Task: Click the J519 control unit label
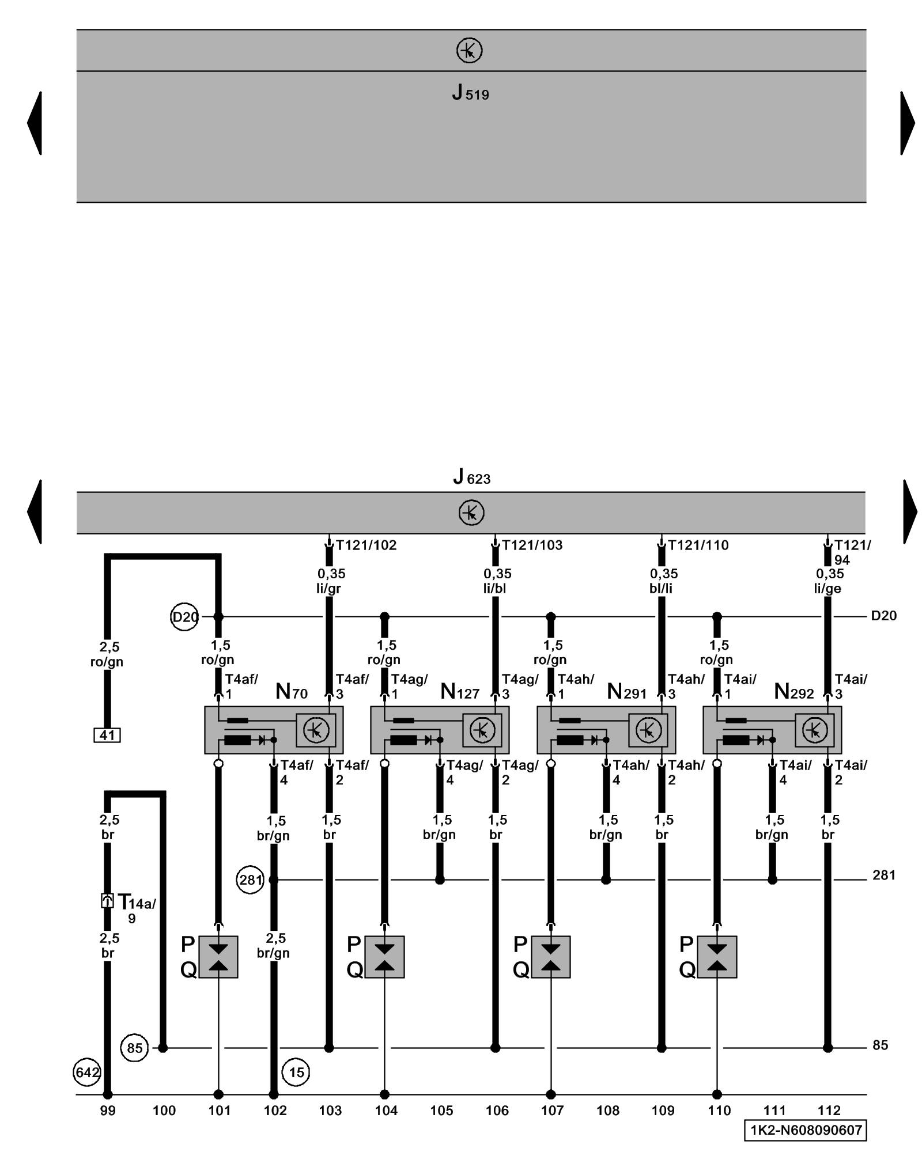pyautogui.click(x=470, y=93)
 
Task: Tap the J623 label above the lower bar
pyautogui.click(x=471, y=478)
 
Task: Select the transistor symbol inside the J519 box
pyautogui.click(x=469, y=51)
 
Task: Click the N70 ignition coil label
pyautogui.click(x=292, y=691)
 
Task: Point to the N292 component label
pyautogui.click(x=793, y=691)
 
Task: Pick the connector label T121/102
pyautogui.click(x=366, y=545)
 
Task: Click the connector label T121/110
pyautogui.click(x=698, y=545)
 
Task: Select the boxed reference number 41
pyautogui.click(x=107, y=735)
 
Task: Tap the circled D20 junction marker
pyautogui.click(x=185, y=617)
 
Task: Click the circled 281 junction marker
pyautogui.click(x=251, y=880)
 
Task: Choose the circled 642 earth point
pyautogui.click(x=88, y=1072)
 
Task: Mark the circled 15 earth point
pyautogui.click(x=296, y=1072)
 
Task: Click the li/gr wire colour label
pyautogui.click(x=329, y=589)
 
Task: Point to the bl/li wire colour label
pyautogui.click(x=662, y=589)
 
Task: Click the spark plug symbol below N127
pyautogui.click(x=384, y=957)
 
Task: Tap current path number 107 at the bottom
pyautogui.click(x=551, y=1110)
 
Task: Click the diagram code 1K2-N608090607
pyautogui.click(x=805, y=1130)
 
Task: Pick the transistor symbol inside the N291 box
pyautogui.click(x=648, y=730)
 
